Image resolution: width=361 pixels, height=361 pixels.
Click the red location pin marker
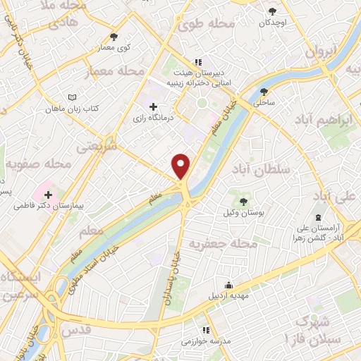click(181, 166)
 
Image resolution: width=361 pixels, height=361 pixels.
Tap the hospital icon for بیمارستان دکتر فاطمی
click(49, 194)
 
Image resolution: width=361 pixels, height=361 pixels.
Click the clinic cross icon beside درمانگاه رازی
click(154, 106)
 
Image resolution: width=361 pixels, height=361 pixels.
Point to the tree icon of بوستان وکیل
click(243, 202)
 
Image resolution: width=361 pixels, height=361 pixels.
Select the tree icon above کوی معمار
click(114, 37)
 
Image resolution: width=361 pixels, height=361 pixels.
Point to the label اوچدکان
click(273, 22)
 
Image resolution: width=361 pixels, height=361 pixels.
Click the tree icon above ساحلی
click(264, 91)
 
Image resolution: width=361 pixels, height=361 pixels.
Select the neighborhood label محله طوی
click(205, 25)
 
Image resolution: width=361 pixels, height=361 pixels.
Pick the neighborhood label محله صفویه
click(39, 164)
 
